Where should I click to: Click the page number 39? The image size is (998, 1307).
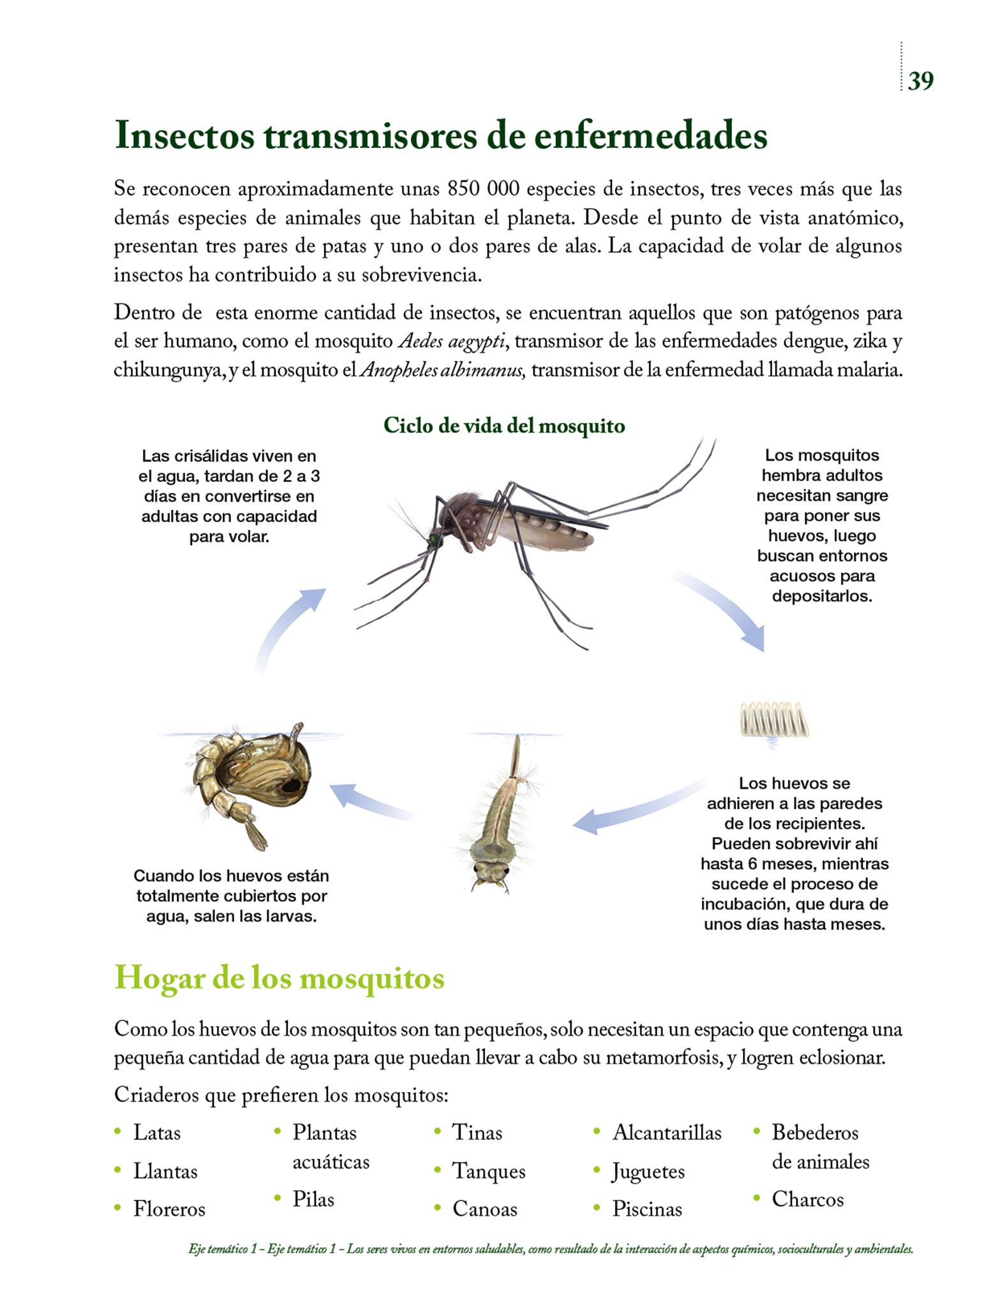click(x=920, y=81)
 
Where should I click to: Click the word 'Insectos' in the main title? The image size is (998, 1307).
click(x=184, y=135)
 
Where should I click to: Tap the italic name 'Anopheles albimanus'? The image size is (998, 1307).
click(x=443, y=370)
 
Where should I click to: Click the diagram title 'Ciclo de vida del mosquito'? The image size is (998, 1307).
click(x=504, y=426)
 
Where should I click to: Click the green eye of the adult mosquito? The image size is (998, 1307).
click(x=435, y=539)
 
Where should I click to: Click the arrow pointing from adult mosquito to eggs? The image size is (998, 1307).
click(x=724, y=609)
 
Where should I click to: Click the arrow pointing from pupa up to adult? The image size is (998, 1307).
click(x=287, y=629)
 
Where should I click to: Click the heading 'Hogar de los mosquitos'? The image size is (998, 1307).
click(x=279, y=978)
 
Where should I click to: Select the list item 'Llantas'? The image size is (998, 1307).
click(x=165, y=1172)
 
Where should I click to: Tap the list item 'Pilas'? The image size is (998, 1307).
click(x=313, y=1199)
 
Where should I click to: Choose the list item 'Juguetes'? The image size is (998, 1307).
click(x=648, y=1172)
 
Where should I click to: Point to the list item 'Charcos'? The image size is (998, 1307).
click(x=807, y=1199)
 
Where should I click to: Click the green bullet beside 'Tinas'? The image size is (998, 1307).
click(x=438, y=1131)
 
